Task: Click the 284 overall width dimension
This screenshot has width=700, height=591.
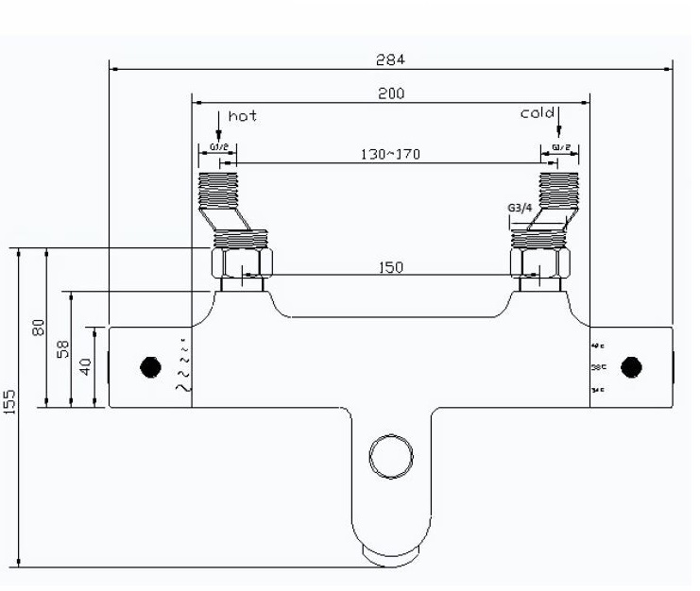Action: [x=390, y=59]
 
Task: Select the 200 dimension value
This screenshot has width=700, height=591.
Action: [x=390, y=93]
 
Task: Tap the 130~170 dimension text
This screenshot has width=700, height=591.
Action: [x=390, y=153]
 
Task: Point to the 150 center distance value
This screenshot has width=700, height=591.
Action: [x=390, y=267]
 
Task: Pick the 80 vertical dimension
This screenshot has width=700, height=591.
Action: [x=39, y=328]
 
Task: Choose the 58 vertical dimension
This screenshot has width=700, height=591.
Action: [x=62, y=348]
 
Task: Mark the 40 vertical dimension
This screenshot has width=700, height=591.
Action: [x=86, y=365]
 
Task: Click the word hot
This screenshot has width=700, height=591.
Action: [x=242, y=115]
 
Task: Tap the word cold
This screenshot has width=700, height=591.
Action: [x=537, y=113]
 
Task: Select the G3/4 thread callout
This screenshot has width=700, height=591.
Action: [x=521, y=209]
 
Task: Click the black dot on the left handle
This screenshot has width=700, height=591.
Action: [x=149, y=366]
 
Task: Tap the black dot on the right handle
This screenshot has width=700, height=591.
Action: [x=634, y=366]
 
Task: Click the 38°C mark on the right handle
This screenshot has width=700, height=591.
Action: [x=597, y=366]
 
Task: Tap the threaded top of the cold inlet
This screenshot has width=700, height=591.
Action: [x=557, y=188]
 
